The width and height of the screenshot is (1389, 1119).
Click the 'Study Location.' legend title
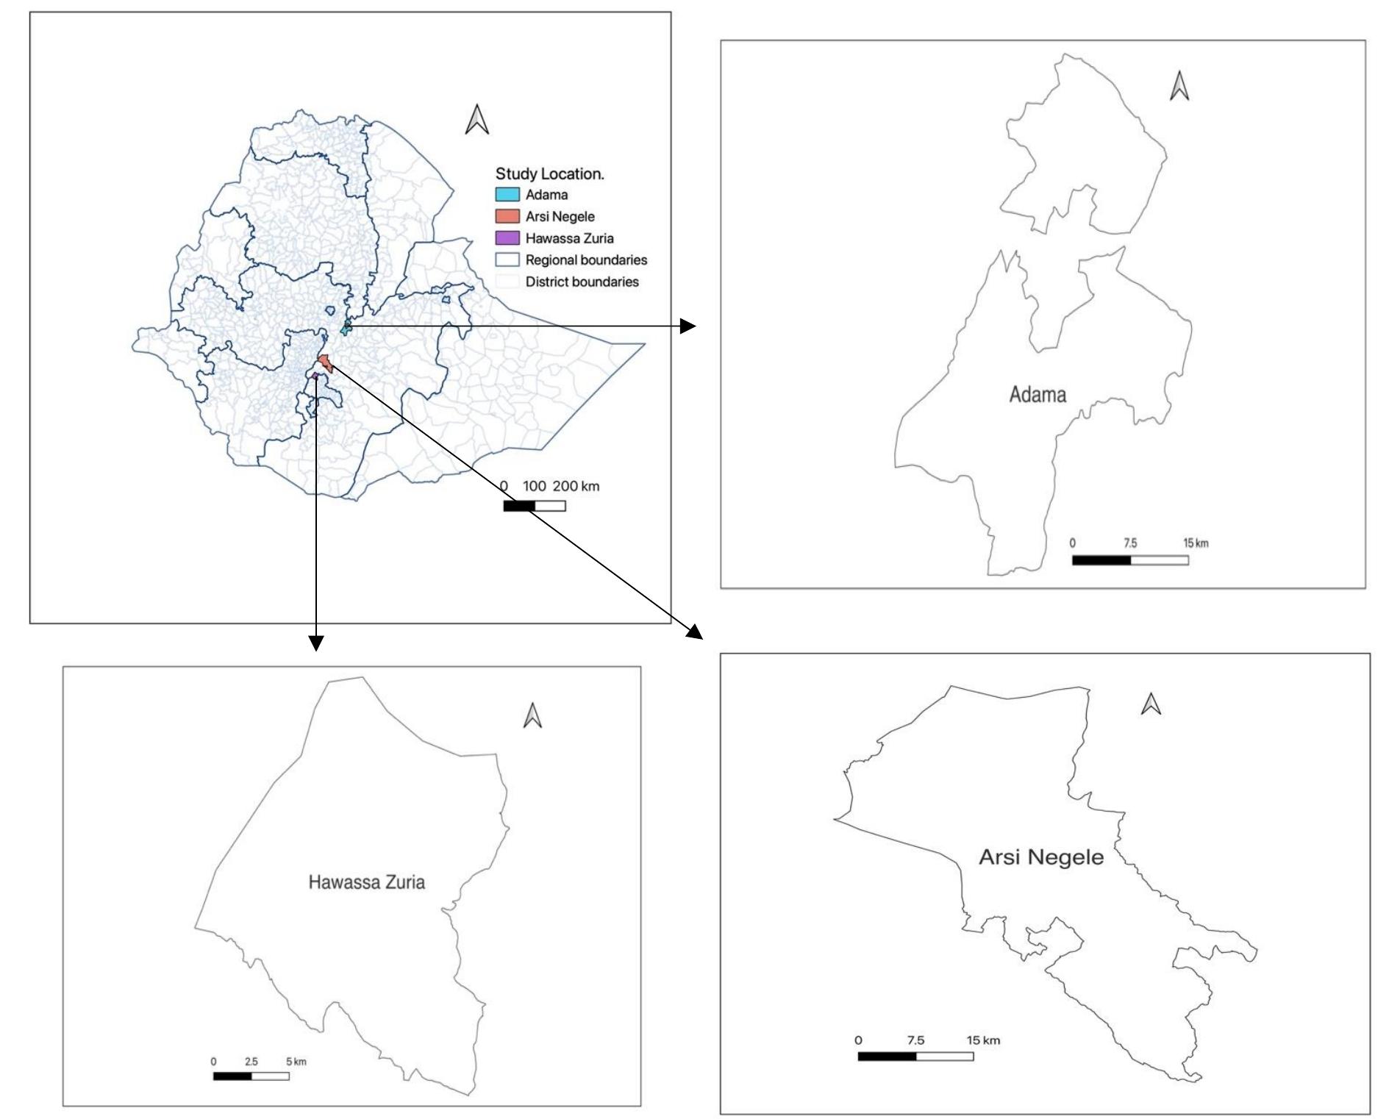[549, 174]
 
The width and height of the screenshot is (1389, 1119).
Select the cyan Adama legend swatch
[507, 195]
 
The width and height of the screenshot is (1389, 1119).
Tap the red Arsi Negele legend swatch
[507, 217]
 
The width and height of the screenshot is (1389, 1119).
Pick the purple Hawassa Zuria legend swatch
[507, 238]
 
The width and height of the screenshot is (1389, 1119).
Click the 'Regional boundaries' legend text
[586, 260]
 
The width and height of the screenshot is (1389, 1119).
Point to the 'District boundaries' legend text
[582, 282]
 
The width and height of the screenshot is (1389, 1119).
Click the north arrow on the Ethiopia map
[477, 120]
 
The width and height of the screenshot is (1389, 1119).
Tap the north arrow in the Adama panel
[1179, 86]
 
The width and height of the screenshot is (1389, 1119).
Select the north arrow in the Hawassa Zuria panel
[532, 715]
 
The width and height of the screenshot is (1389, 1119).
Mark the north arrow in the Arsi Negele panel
[1151, 704]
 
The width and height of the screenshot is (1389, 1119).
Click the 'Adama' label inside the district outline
[1038, 395]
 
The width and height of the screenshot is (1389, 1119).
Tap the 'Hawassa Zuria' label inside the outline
[366, 882]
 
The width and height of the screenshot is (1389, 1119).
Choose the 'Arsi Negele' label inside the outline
[1041, 857]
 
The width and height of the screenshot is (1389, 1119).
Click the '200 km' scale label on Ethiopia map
[576, 486]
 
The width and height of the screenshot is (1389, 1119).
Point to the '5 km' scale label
[296, 1062]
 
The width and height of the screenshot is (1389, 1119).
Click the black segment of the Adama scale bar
[1101, 560]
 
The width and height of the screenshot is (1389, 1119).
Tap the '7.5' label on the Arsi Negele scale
[915, 1040]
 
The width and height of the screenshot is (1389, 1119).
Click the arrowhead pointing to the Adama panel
[688, 326]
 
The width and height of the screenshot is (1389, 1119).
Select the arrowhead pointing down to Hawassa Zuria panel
[315, 643]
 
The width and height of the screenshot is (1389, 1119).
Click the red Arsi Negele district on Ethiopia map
[325, 363]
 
